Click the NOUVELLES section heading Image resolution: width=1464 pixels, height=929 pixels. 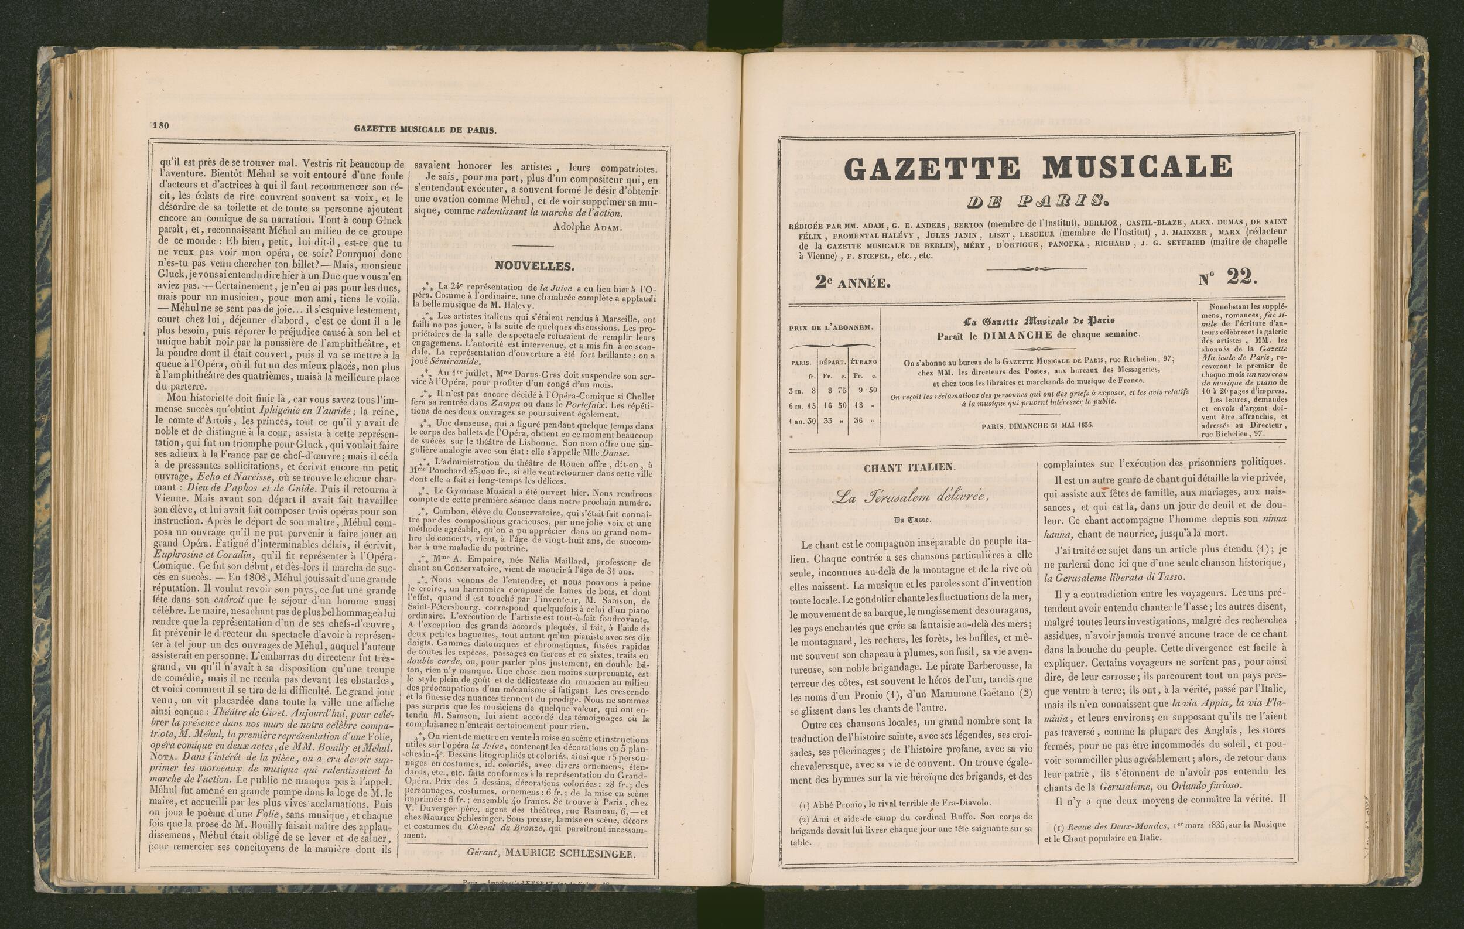click(533, 266)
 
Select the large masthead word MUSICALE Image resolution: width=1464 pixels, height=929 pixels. click(1137, 167)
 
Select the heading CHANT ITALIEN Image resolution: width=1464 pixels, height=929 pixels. click(909, 467)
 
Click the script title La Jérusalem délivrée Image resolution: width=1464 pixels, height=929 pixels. click(910, 498)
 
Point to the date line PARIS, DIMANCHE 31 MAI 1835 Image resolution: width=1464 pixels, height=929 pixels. click(1037, 425)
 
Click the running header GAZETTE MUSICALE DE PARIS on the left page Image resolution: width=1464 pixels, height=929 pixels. click(425, 129)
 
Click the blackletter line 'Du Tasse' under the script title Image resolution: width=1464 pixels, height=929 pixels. click(909, 520)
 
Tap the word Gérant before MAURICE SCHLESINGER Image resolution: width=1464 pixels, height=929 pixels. click(483, 853)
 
